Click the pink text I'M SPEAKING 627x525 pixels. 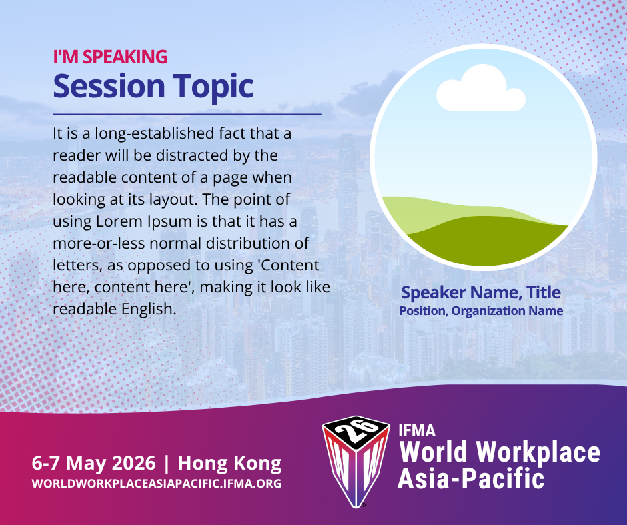point(110,57)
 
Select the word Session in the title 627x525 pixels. point(109,86)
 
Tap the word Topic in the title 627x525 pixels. point(213,87)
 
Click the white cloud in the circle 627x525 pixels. point(481,87)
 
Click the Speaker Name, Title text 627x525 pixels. point(481,293)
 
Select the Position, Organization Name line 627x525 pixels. point(481,311)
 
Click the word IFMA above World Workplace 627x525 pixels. point(417,430)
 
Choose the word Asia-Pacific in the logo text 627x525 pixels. point(471,478)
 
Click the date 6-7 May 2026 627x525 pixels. point(93,464)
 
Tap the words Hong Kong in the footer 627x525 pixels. point(229,464)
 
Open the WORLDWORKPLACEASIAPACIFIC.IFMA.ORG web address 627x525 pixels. point(157,484)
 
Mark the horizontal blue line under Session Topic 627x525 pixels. point(187,115)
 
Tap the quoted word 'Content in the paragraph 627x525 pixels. point(289,265)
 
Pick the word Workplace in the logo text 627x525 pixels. point(538,452)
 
